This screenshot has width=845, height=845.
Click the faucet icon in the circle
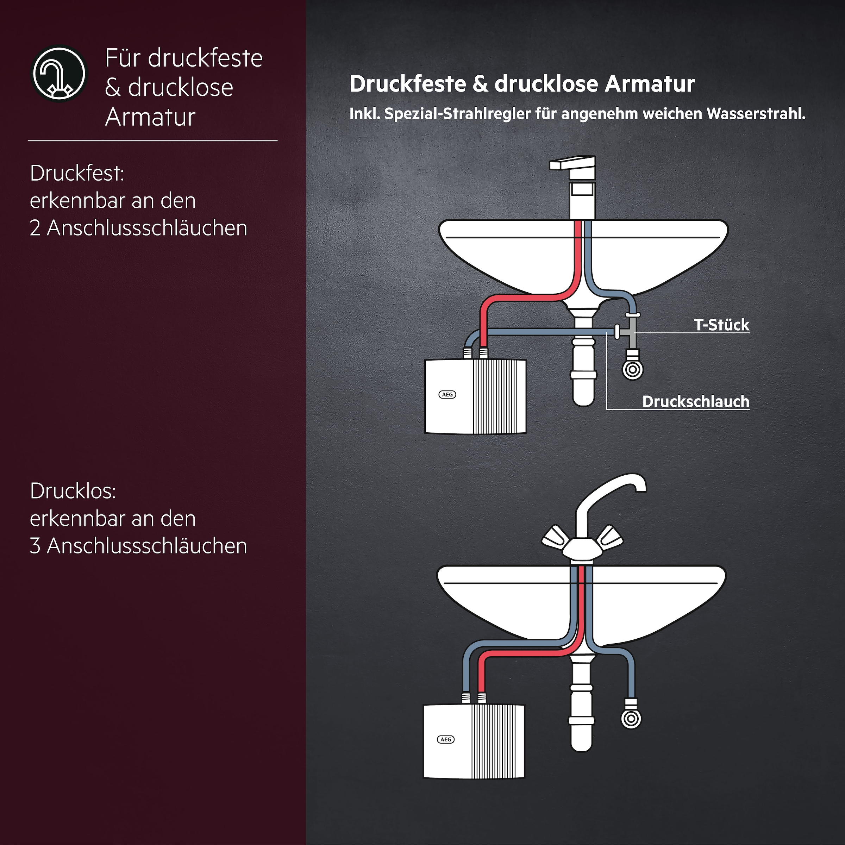[x=60, y=74]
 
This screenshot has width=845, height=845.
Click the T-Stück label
[x=721, y=325]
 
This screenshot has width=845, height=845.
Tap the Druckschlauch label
[x=695, y=401]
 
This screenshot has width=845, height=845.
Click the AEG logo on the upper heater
[x=447, y=394]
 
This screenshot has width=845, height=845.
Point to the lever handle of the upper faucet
[x=571, y=164]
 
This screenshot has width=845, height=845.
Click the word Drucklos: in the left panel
[x=73, y=491]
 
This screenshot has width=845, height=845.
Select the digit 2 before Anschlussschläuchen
[x=35, y=228]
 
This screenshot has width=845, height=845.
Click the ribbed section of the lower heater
[x=498, y=741]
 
